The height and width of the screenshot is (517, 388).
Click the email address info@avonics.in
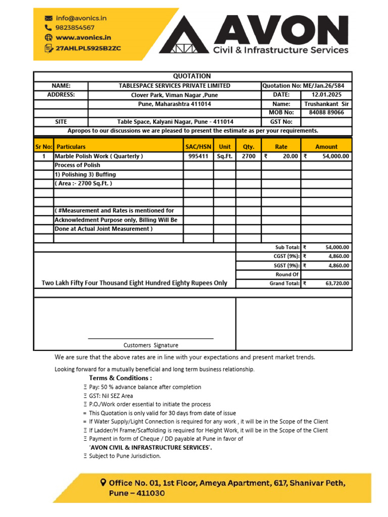click(x=81, y=18)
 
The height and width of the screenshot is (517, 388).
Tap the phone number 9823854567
click(x=75, y=28)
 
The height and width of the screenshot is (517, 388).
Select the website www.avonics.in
click(x=83, y=37)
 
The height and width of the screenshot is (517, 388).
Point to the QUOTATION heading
click(x=192, y=76)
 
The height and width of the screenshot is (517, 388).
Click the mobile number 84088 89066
click(x=326, y=113)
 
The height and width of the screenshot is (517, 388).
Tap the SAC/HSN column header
click(x=198, y=147)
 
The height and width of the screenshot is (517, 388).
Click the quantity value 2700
click(x=249, y=157)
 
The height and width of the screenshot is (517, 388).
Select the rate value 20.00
click(x=290, y=157)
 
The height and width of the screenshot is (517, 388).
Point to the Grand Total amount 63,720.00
click(x=337, y=284)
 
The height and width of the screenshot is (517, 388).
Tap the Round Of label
click(x=287, y=275)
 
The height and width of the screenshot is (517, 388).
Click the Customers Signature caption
click(x=151, y=345)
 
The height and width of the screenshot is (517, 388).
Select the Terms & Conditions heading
click(x=120, y=378)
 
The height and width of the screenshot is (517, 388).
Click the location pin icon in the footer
click(x=104, y=483)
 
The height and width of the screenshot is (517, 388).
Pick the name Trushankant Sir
click(x=326, y=104)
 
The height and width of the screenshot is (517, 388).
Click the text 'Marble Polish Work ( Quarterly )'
click(x=99, y=157)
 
